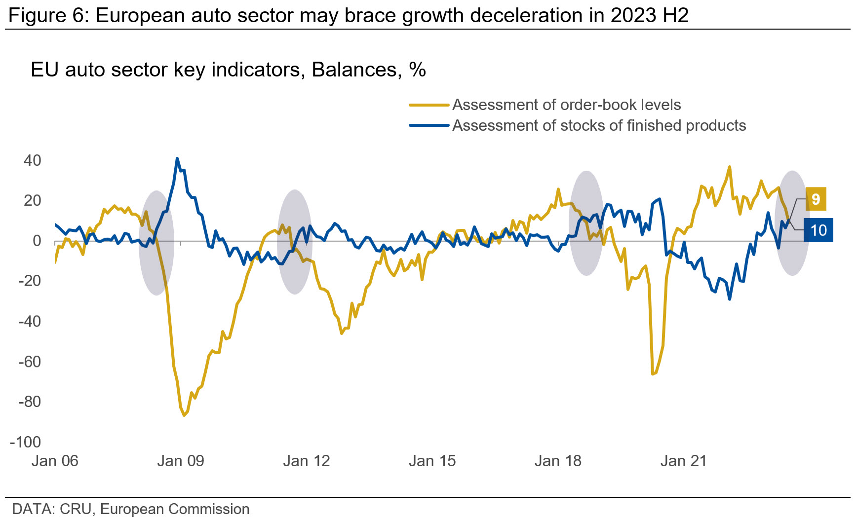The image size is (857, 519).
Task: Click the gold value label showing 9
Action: point(816,199)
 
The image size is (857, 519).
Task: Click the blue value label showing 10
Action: point(818,230)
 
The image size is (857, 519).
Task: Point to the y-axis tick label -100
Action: point(25,442)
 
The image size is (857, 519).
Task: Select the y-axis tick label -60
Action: point(30,362)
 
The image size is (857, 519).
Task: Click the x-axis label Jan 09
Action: point(180,461)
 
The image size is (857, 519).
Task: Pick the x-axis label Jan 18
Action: point(558,461)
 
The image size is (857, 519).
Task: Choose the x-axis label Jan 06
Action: point(55,461)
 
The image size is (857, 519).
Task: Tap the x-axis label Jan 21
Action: point(683,461)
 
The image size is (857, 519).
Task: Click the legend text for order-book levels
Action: point(566,105)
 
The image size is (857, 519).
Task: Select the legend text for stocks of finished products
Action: point(599,126)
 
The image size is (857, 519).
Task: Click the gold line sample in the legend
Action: point(428,105)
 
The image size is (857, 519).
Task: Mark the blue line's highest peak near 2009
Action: point(177,159)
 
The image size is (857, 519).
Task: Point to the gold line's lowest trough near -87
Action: point(184,415)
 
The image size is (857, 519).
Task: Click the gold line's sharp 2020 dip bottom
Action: point(653,374)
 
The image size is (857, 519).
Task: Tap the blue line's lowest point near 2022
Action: point(730,299)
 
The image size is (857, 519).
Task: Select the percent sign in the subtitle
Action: point(418,70)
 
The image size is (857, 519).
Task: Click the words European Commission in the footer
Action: point(175,509)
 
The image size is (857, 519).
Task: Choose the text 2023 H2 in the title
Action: point(649,16)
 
